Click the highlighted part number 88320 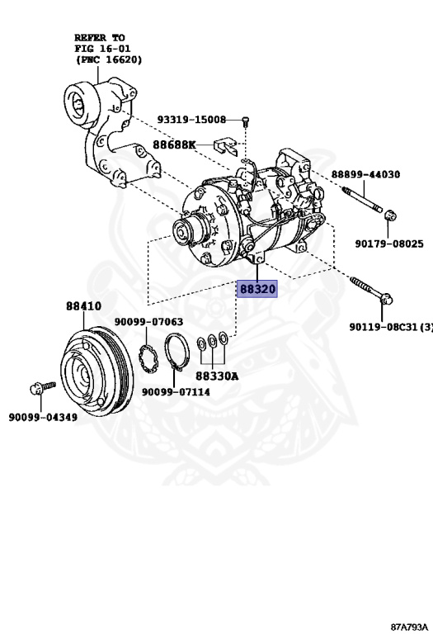[x=257, y=289]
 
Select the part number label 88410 [x=83, y=305]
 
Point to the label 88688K [x=173, y=144]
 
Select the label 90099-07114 [x=175, y=392]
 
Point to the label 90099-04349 [x=43, y=417]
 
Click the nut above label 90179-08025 [x=391, y=216]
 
